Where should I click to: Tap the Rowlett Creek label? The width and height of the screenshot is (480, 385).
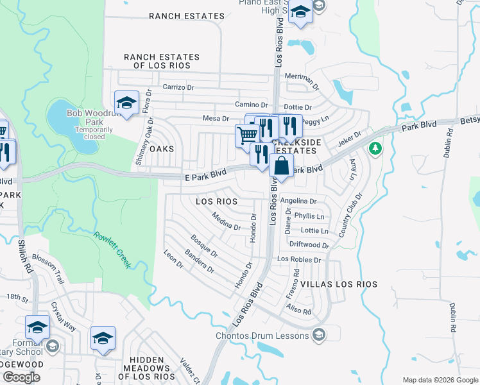coord(112,250)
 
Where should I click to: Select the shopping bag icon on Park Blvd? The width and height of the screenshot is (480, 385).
coord(281,167)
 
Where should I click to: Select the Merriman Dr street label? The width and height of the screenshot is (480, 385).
coord(302,79)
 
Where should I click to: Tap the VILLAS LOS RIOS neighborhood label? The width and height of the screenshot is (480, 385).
coord(338,284)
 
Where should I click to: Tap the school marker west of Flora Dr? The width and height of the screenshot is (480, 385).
coord(126,103)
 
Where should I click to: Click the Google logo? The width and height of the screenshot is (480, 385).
coord(22,377)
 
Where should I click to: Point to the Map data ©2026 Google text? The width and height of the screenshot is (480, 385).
coord(439,380)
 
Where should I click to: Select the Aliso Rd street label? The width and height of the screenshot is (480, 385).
coord(298,309)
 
